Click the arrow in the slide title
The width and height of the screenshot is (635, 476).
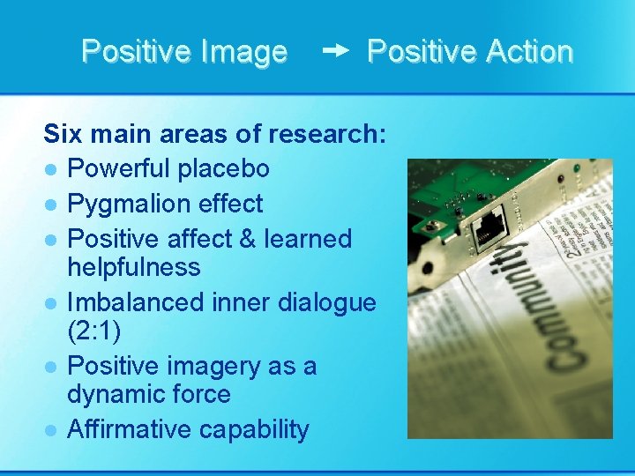pos(336,52)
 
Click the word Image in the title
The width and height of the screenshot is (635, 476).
pos(243,52)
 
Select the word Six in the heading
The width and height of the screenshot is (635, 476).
pos(63,134)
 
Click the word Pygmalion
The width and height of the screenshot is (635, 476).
pos(133,204)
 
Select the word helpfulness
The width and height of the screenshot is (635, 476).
pos(134,267)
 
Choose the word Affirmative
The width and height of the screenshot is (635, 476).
pos(130,429)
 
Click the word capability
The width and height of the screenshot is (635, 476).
pos(254,429)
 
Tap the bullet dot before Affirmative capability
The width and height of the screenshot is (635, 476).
pos(52,430)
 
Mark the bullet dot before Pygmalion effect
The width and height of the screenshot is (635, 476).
pos(52,205)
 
